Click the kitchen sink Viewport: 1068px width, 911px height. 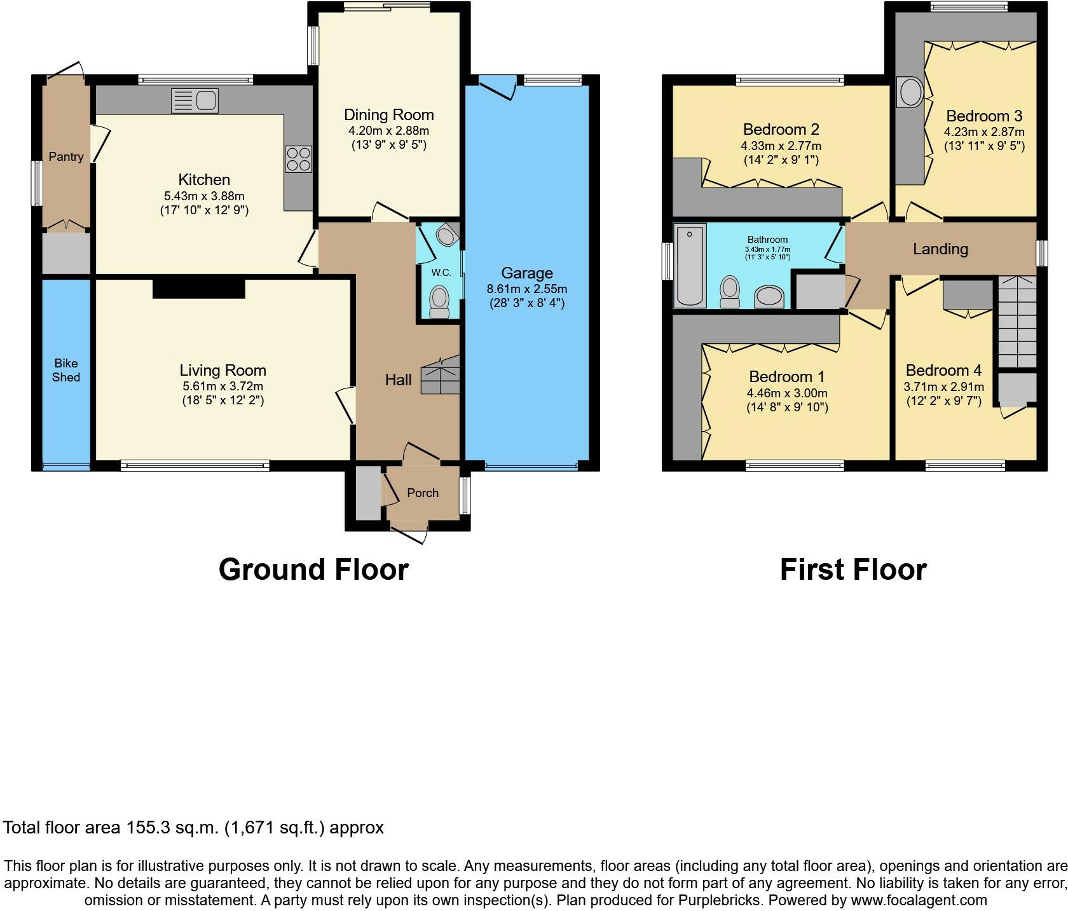pyautogui.click(x=195, y=101)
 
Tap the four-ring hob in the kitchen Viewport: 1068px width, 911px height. pyautogui.click(x=299, y=159)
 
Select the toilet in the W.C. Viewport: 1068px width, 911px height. pyautogui.click(x=439, y=301)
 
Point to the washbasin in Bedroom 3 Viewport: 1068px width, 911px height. pyautogui.click(x=910, y=93)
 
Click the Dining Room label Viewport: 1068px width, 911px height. pyautogui.click(x=389, y=115)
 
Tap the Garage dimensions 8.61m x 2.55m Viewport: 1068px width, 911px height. pyautogui.click(x=527, y=289)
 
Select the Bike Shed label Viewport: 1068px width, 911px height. pyautogui.click(x=66, y=371)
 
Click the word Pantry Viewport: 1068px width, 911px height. pyautogui.click(x=66, y=157)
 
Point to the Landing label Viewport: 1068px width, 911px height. pyautogui.click(x=940, y=249)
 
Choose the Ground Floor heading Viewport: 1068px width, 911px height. pyautogui.click(x=313, y=570)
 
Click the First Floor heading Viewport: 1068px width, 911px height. pyautogui.click(x=853, y=570)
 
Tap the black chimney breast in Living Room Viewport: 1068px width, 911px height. pyautogui.click(x=199, y=288)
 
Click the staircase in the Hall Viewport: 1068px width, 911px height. pyautogui.click(x=441, y=376)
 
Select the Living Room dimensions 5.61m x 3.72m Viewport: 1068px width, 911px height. pyautogui.click(x=222, y=387)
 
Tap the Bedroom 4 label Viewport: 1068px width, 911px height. pyautogui.click(x=943, y=371)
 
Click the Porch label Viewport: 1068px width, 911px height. pyautogui.click(x=423, y=493)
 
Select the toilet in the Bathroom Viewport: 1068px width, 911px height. pyautogui.click(x=730, y=292)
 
